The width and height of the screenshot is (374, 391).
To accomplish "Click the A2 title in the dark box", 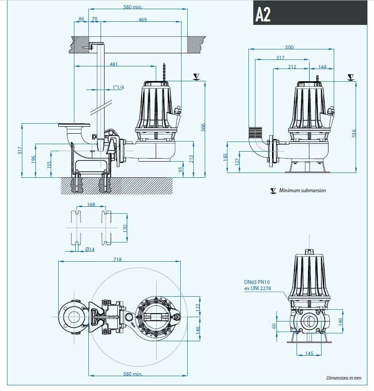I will (263, 15).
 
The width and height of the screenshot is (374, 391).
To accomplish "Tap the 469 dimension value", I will (142, 20).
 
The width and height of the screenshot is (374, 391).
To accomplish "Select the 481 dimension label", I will (114, 64).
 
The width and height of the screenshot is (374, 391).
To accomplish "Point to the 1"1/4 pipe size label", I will (118, 87).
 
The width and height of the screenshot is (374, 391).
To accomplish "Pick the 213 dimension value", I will (191, 159).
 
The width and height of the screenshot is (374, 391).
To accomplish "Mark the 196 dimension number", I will (33, 160).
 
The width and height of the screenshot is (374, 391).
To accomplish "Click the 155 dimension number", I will (49, 164).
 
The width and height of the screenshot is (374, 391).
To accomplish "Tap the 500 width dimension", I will (289, 47).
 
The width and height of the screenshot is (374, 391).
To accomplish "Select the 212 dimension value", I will (292, 67).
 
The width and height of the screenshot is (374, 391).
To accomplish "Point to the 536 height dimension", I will (354, 132).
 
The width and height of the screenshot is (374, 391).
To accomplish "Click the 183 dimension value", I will (225, 156).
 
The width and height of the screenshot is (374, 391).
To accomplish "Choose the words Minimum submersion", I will (302, 190).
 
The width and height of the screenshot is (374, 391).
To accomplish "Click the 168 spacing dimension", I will (91, 204).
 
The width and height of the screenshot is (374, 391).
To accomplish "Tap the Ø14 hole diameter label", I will (89, 249).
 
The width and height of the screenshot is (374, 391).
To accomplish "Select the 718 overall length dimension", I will (117, 260).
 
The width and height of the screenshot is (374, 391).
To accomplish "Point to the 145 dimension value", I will (309, 353).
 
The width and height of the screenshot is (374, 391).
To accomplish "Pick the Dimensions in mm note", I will (344, 378).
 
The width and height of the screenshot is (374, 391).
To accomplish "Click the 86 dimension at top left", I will (81, 20).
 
